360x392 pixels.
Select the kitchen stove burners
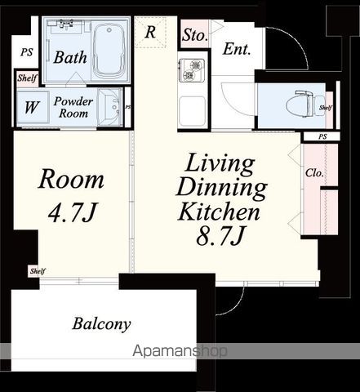(192, 70)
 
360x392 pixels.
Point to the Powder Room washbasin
(110, 107)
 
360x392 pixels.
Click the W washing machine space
(33, 107)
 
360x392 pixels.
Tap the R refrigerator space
(150, 32)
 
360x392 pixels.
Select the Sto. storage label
(195, 35)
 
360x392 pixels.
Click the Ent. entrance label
(237, 49)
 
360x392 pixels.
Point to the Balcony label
(101, 324)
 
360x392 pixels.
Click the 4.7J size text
(72, 212)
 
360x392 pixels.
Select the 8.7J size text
(220, 235)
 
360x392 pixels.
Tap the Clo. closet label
(314, 172)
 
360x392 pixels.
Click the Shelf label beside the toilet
(326, 108)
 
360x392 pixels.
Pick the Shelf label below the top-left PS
(27, 78)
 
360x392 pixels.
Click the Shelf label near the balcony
(38, 271)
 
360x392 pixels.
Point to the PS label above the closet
(322, 136)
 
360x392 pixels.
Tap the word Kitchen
(220, 212)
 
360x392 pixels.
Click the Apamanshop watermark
(180, 351)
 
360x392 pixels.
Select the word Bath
(70, 57)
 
